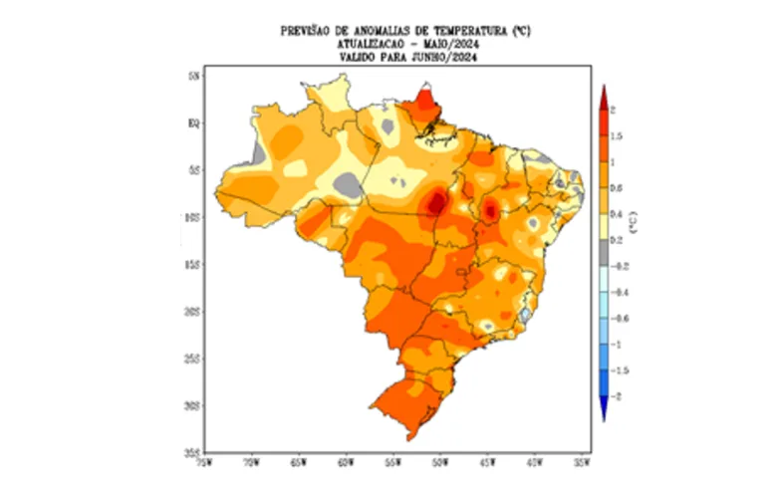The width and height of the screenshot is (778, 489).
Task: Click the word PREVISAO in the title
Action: click(313, 32)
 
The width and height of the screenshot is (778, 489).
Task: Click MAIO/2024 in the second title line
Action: click(441, 44)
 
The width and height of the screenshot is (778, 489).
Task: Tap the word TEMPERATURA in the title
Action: click(461, 32)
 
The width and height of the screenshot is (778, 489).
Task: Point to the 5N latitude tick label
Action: click(195, 76)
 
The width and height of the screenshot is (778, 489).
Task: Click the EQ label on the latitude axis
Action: click(195, 122)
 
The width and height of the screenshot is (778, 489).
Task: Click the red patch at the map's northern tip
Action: click(425, 102)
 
